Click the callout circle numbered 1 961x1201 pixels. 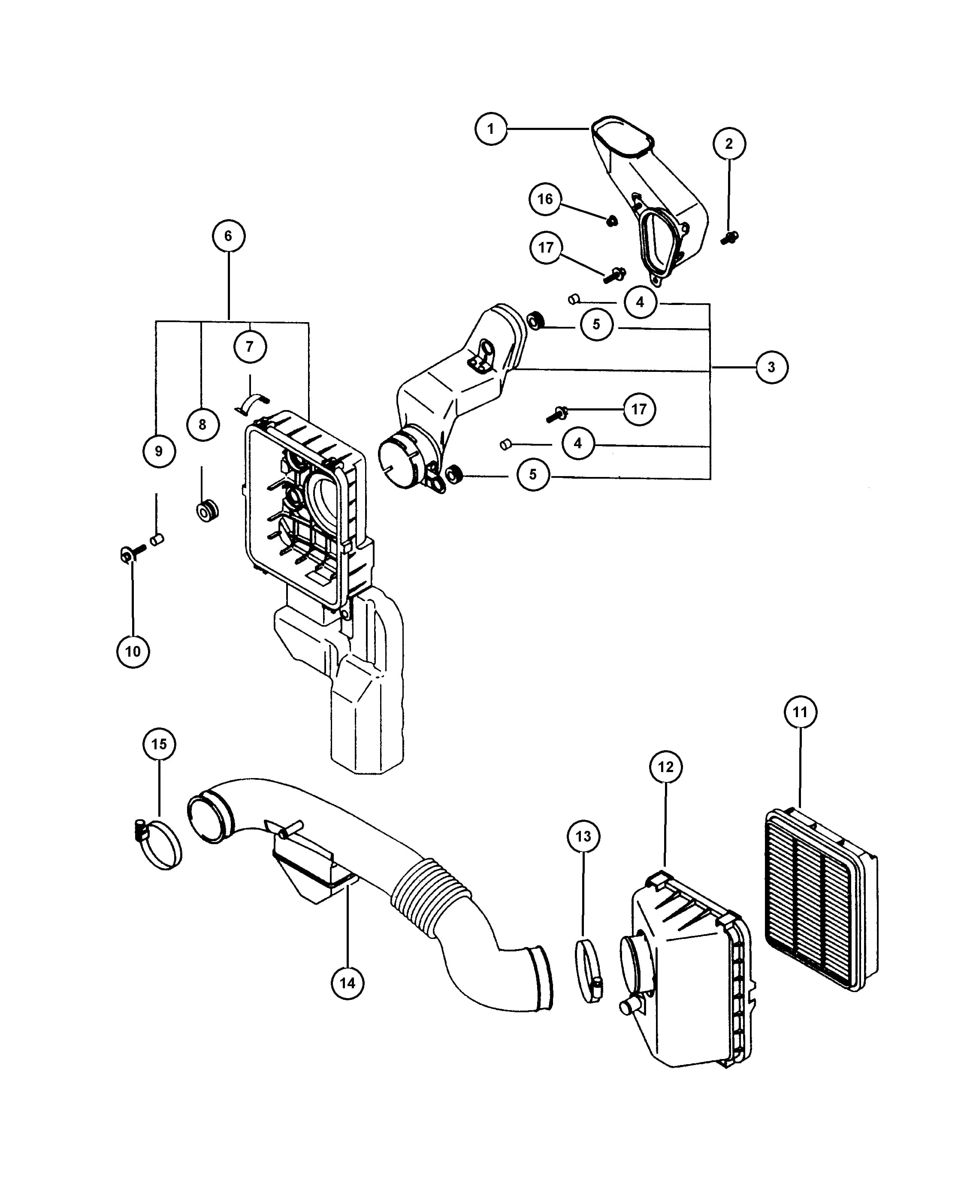pos(491,129)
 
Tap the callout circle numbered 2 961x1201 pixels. pos(729,144)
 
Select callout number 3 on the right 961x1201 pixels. pos(771,367)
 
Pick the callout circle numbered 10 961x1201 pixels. pos(133,651)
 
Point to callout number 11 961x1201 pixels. pos(801,712)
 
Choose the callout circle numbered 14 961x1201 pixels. pos(348,983)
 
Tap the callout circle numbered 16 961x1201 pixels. pos(545,199)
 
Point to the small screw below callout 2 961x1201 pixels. pos(729,238)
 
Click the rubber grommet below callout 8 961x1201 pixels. pos(207,510)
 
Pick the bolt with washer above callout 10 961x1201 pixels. pos(133,552)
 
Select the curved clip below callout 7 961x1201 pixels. pos(252,403)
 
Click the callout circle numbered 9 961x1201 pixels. pos(159,451)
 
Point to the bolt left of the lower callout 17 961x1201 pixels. pos(556,414)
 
